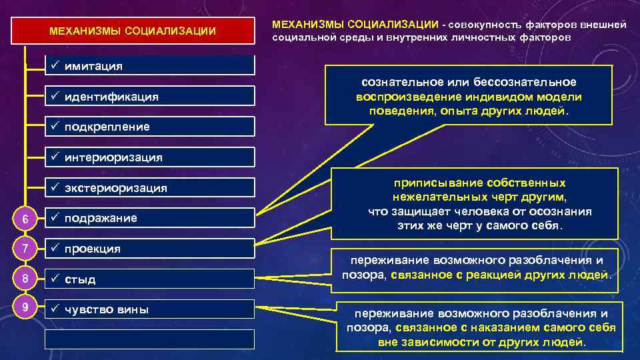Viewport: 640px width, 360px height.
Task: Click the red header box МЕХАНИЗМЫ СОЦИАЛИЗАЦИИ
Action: click(x=133, y=31)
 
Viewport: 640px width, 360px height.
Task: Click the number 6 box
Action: click(x=25, y=219)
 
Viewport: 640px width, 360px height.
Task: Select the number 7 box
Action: click(x=25, y=249)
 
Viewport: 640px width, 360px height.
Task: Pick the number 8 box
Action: click(x=25, y=279)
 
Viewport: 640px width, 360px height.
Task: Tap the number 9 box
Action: click(x=25, y=309)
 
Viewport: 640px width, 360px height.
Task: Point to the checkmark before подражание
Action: click(x=56, y=218)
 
